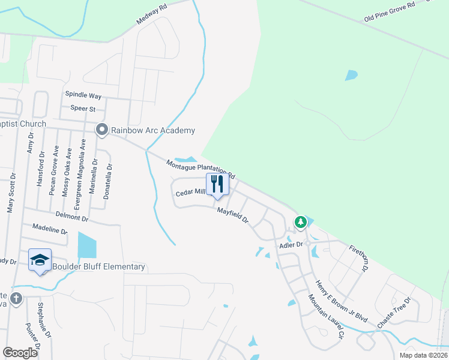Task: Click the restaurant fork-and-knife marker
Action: [x=217, y=184]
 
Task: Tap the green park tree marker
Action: [x=300, y=223]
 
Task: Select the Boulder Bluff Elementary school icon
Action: [x=40, y=260]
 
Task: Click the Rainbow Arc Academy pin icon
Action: [x=102, y=130]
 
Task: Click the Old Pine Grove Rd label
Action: [x=390, y=13]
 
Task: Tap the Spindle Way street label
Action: [x=83, y=95]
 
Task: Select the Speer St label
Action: [x=83, y=109]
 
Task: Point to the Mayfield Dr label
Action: [x=232, y=215]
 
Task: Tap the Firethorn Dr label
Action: [x=360, y=257]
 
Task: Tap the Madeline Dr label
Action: [x=50, y=230]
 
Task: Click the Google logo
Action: [x=20, y=352]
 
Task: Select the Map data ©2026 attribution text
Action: [x=423, y=355]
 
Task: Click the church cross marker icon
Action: [x=16, y=298]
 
